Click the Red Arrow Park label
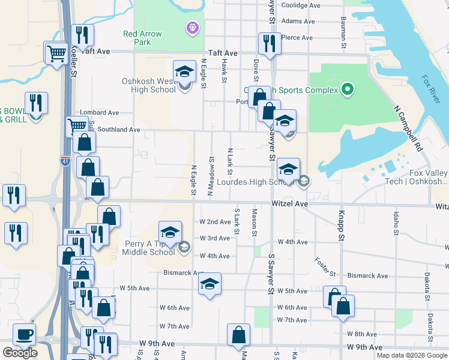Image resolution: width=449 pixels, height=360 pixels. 142,38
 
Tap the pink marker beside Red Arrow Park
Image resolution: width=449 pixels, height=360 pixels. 192,28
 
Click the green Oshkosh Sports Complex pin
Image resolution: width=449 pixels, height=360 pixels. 346,91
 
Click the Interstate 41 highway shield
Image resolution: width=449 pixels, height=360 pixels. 65,161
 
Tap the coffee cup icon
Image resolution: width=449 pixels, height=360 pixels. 24,334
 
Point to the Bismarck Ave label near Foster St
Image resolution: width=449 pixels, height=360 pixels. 367,276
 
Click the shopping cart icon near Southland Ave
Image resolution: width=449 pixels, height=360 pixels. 77,126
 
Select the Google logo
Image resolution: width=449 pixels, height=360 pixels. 20,353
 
